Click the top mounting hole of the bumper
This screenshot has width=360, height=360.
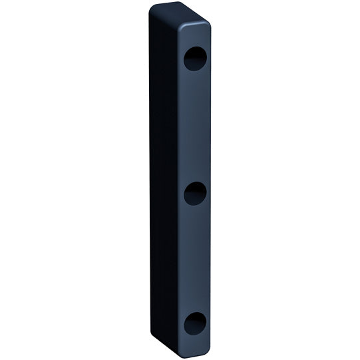194,59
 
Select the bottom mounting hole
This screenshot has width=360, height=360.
194,324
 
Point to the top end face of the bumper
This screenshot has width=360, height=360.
180,15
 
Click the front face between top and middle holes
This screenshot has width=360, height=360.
194,126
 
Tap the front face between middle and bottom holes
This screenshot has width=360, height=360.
194,260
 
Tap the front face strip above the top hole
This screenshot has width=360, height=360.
194,37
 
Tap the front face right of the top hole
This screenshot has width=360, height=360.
208,59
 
